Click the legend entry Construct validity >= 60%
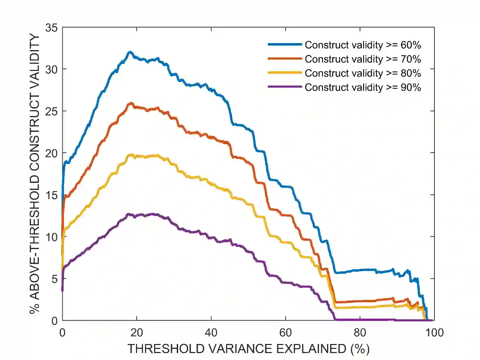tap(363, 45)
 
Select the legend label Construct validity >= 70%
tap(363, 59)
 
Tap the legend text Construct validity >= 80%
tap(363, 73)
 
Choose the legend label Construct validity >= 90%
tap(363, 87)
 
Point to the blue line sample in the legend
tap(285, 45)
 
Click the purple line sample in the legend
tap(285, 87)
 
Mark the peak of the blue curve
tap(130, 52)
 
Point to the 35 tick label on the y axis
tap(51, 27)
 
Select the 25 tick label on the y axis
tap(51, 111)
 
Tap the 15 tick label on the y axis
tap(51, 195)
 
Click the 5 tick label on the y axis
tap(54, 279)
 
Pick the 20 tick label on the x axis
tap(137, 333)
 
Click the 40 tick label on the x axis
tap(211, 333)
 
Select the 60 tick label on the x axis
tap(286, 333)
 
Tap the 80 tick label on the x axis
tap(360, 333)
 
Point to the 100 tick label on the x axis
tap(434, 333)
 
